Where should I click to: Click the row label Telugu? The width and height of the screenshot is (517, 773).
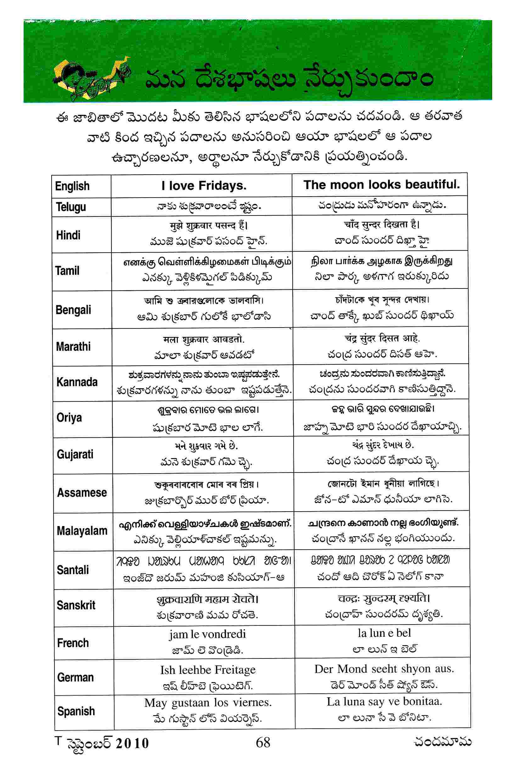click(x=71, y=207)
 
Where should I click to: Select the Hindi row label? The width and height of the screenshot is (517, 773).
click(x=68, y=235)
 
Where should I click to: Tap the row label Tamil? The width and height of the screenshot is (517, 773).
click(x=68, y=271)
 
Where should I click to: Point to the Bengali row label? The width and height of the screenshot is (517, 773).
click(x=73, y=310)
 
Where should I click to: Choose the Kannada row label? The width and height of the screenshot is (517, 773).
click(x=77, y=382)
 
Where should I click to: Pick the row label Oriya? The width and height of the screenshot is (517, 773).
click(x=69, y=418)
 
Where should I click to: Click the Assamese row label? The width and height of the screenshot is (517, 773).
click(x=82, y=492)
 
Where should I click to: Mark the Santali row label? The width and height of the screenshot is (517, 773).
click(x=73, y=570)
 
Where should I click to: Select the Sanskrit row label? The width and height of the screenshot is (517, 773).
click(x=76, y=605)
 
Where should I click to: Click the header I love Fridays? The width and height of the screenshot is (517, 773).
click(x=204, y=186)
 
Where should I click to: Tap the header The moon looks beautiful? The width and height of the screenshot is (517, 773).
click(x=381, y=185)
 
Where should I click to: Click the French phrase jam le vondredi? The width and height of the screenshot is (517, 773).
click(x=207, y=634)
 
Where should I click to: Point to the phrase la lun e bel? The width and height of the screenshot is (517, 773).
click(x=384, y=633)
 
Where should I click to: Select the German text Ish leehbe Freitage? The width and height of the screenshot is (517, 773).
click(x=208, y=669)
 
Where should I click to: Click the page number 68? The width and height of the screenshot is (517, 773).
click(x=263, y=742)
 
